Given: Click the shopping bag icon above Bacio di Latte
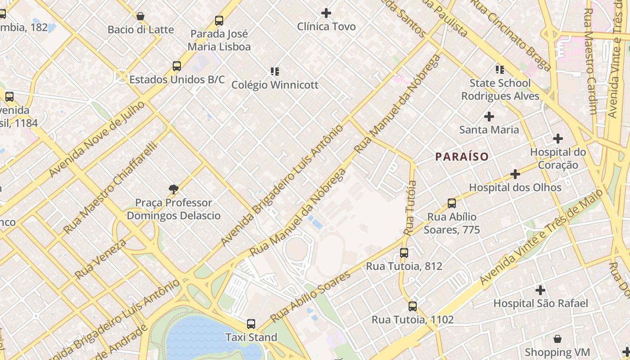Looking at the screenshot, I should [x=140, y=16].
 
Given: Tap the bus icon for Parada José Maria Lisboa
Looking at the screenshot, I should [x=219, y=20].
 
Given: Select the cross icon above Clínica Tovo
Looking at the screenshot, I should [x=326, y=13].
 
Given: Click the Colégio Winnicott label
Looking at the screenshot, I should [x=275, y=85].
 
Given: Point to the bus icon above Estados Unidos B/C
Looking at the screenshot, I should [x=177, y=66].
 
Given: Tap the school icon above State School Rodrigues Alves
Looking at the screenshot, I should [x=500, y=69].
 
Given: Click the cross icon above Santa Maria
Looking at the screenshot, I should [x=489, y=117].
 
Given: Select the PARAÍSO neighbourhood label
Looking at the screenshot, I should [x=462, y=157].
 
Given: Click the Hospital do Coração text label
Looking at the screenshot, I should [x=558, y=158].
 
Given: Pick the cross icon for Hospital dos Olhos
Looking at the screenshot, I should [x=515, y=174].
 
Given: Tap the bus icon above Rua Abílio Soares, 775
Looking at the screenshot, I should [x=452, y=203].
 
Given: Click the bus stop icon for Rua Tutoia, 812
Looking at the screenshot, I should [x=404, y=253].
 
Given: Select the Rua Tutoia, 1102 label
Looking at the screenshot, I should [x=413, y=319].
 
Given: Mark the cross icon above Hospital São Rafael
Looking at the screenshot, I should [x=540, y=290].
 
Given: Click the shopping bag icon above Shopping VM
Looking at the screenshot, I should [x=558, y=339].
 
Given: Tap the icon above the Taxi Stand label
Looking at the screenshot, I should [x=251, y=324].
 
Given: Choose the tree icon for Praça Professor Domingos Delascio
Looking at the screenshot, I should [x=174, y=189].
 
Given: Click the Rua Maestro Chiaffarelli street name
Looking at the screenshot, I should [x=111, y=188].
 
